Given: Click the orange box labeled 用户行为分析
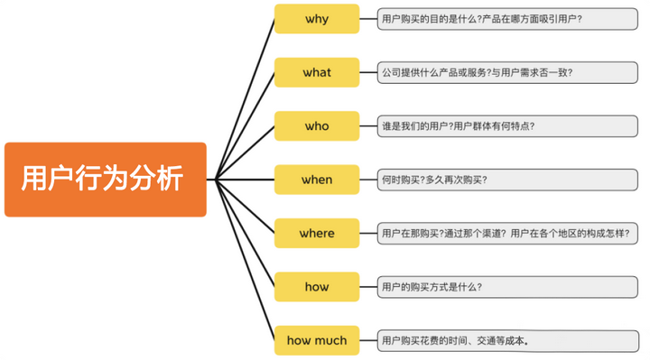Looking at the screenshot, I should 105,179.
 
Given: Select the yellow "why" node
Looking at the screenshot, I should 317,18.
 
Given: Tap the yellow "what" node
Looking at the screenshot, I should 317,72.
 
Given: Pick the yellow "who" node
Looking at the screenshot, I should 317,126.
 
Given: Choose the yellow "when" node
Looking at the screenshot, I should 317,180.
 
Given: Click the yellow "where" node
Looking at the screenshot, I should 317,234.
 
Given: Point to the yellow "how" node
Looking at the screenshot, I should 317,287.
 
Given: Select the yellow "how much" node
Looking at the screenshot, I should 317,341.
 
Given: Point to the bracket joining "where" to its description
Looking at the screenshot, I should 369,234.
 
